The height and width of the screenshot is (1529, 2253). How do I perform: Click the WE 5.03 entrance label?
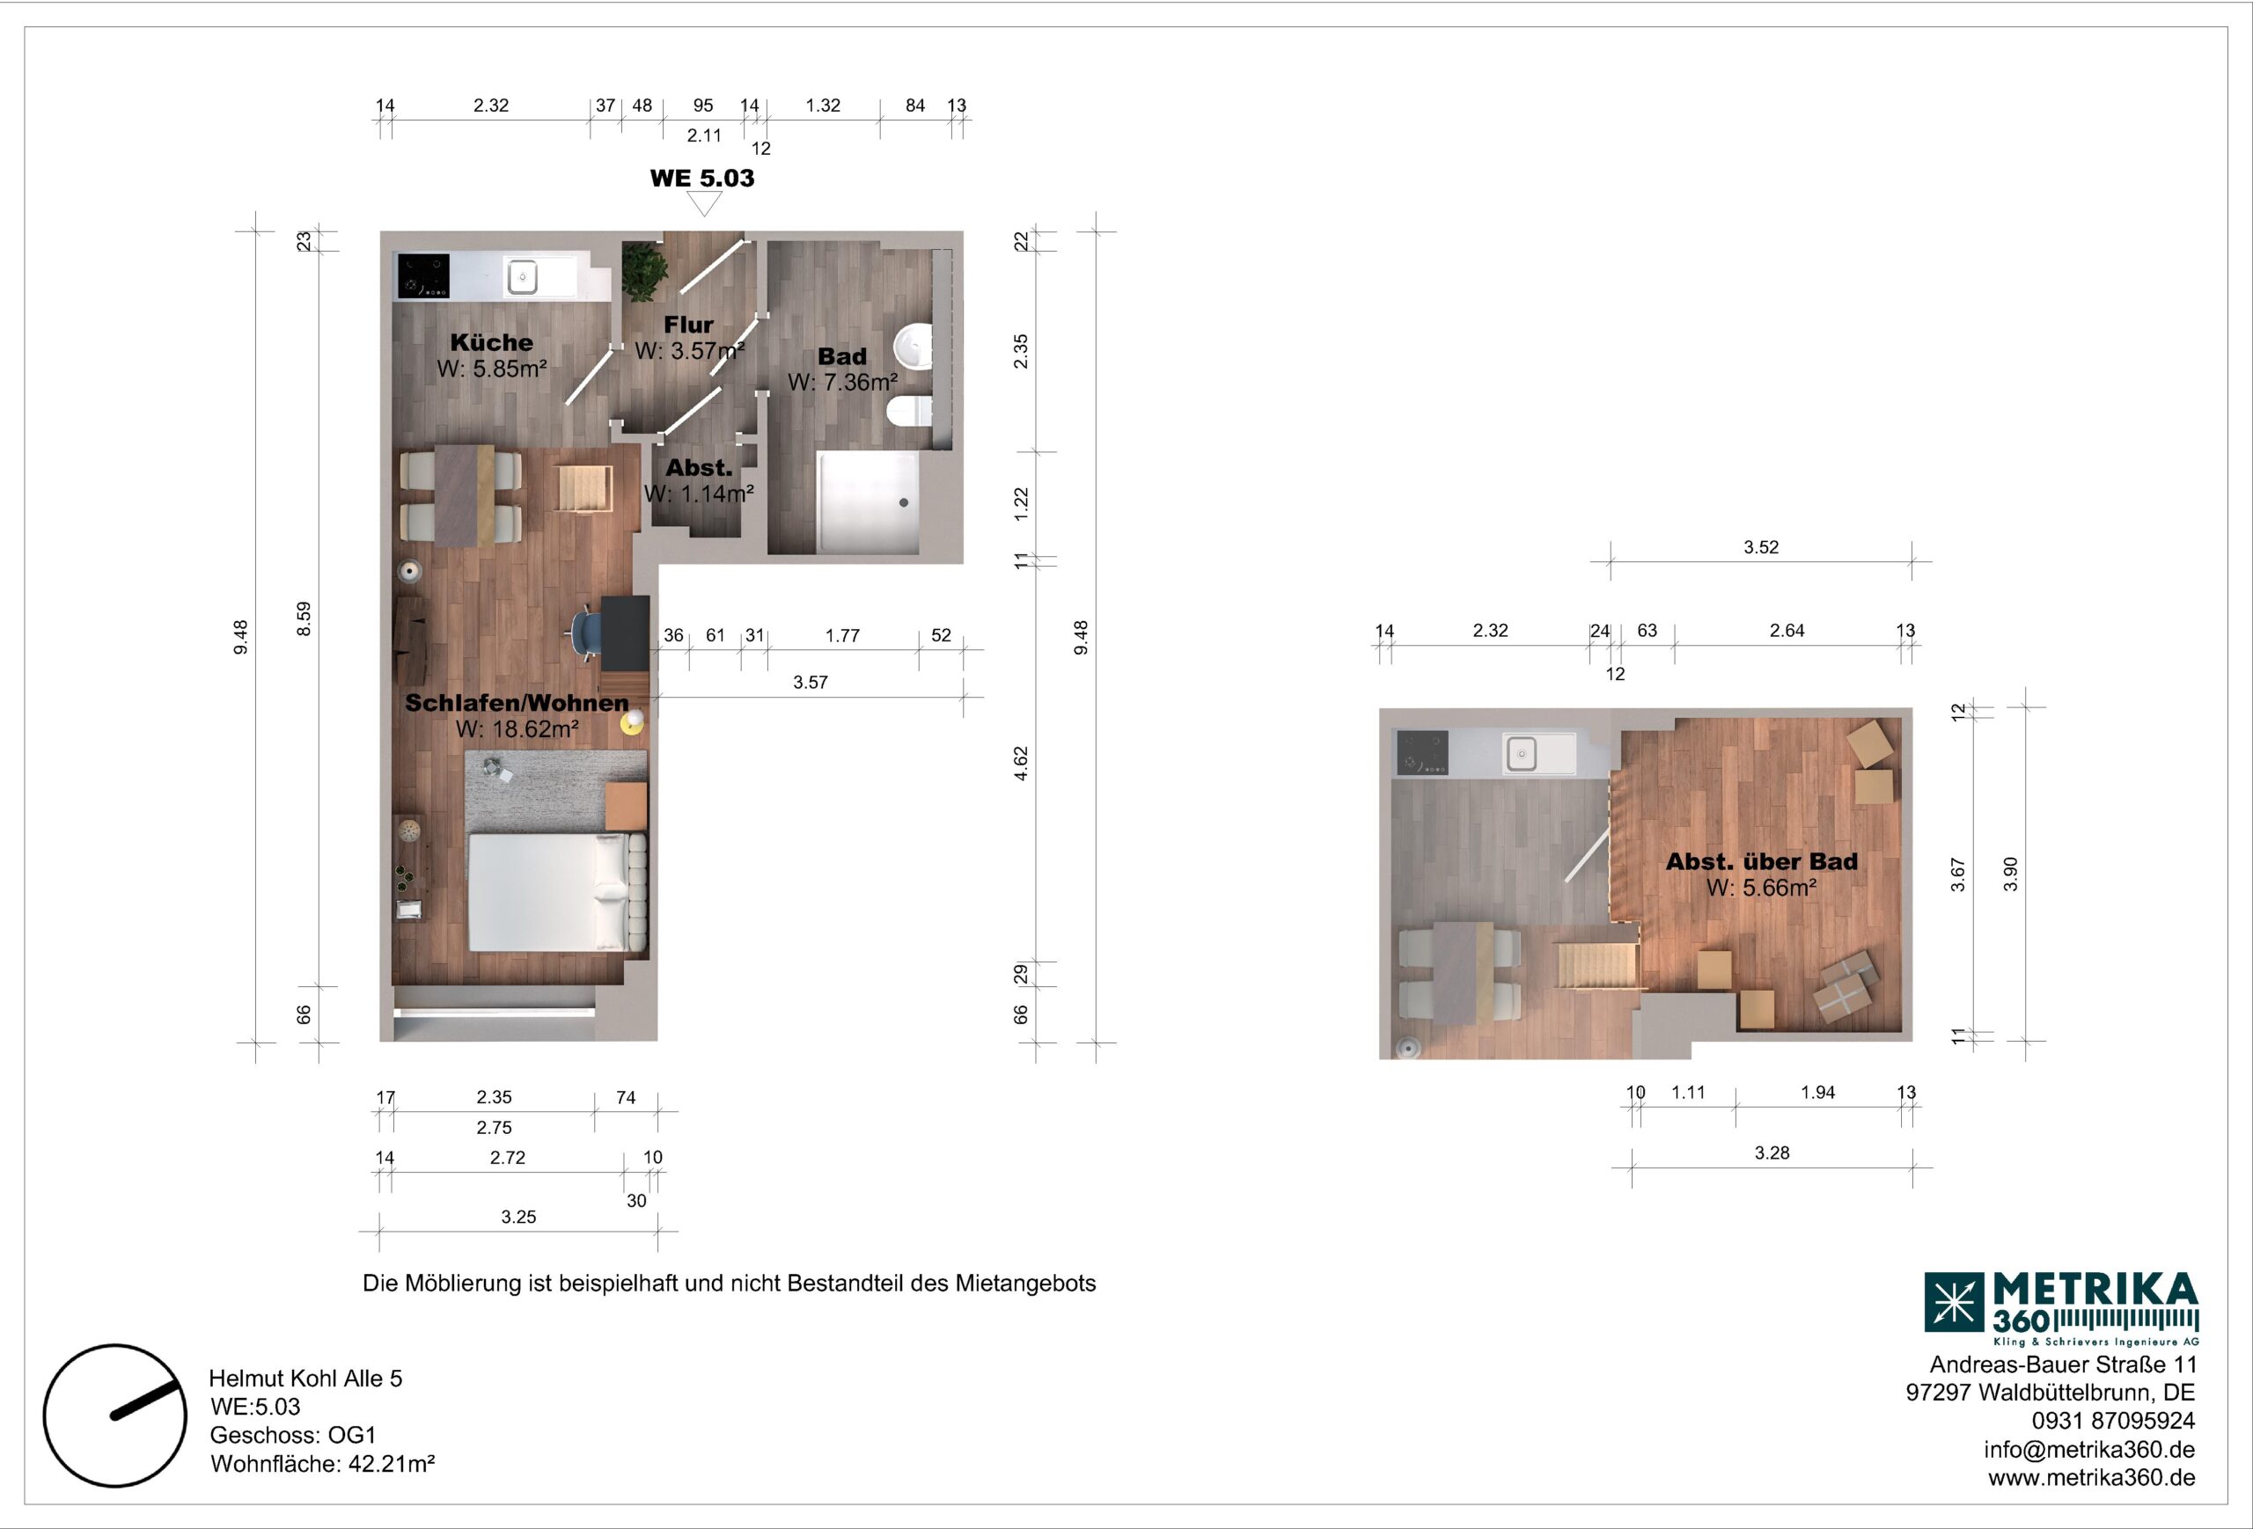coord(702,179)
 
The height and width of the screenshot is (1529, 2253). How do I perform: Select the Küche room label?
coord(491,342)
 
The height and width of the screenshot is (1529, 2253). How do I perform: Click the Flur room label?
coord(688,325)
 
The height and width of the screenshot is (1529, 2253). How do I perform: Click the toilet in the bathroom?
coord(909,411)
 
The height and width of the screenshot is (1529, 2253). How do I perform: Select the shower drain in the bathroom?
coord(904,503)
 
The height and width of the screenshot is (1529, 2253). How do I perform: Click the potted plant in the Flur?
coord(643,271)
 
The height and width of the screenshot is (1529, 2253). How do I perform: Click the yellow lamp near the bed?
coord(633,722)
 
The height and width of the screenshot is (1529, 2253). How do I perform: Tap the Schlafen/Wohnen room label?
coord(517,703)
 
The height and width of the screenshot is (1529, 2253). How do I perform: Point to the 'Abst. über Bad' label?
coord(1762,861)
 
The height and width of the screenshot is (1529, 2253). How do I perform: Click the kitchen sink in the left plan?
coord(523,277)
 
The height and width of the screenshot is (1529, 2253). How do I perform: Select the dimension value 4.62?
coord(1021,764)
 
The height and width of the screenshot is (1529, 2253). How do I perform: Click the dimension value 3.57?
coord(811,682)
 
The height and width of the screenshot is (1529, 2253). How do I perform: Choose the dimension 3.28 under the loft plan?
coord(1772,1153)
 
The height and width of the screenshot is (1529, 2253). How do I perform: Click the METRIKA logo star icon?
coord(1954,1301)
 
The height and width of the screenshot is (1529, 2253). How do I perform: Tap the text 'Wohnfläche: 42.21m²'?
coord(323,1463)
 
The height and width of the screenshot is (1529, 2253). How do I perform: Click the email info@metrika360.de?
coord(2089,1450)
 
